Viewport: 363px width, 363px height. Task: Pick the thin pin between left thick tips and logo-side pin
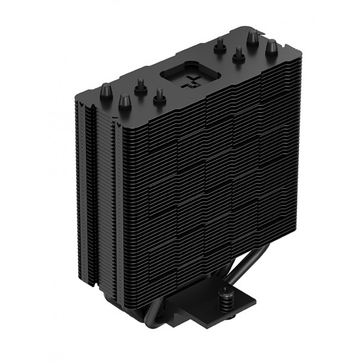140,89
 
